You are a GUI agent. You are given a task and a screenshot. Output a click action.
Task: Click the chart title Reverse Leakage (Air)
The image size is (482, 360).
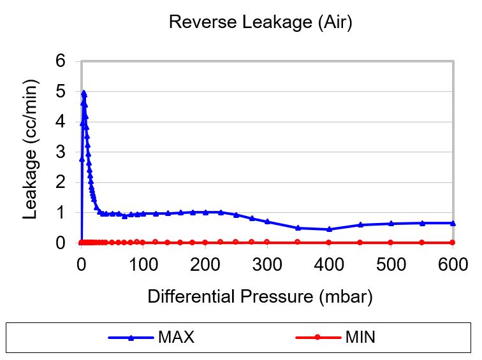click(260, 23)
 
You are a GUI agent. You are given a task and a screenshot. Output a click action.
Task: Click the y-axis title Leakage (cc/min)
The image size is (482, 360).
click(30, 152)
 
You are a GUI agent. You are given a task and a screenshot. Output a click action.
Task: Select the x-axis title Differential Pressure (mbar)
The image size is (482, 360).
click(259, 296)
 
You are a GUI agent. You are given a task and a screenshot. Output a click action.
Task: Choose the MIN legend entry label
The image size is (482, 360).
click(360, 337)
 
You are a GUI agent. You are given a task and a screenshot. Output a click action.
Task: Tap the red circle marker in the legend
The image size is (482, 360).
click(317, 337)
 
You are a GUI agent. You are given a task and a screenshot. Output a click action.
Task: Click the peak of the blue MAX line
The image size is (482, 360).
click(84, 92)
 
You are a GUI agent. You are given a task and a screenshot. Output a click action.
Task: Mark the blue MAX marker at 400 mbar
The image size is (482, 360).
click(329, 229)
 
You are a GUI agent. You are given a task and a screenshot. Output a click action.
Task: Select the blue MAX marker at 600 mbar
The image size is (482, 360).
click(453, 223)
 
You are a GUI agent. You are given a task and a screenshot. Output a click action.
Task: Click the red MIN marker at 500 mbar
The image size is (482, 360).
click(391, 242)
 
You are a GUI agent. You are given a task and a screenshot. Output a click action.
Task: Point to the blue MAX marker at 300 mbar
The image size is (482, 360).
click(267, 221)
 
